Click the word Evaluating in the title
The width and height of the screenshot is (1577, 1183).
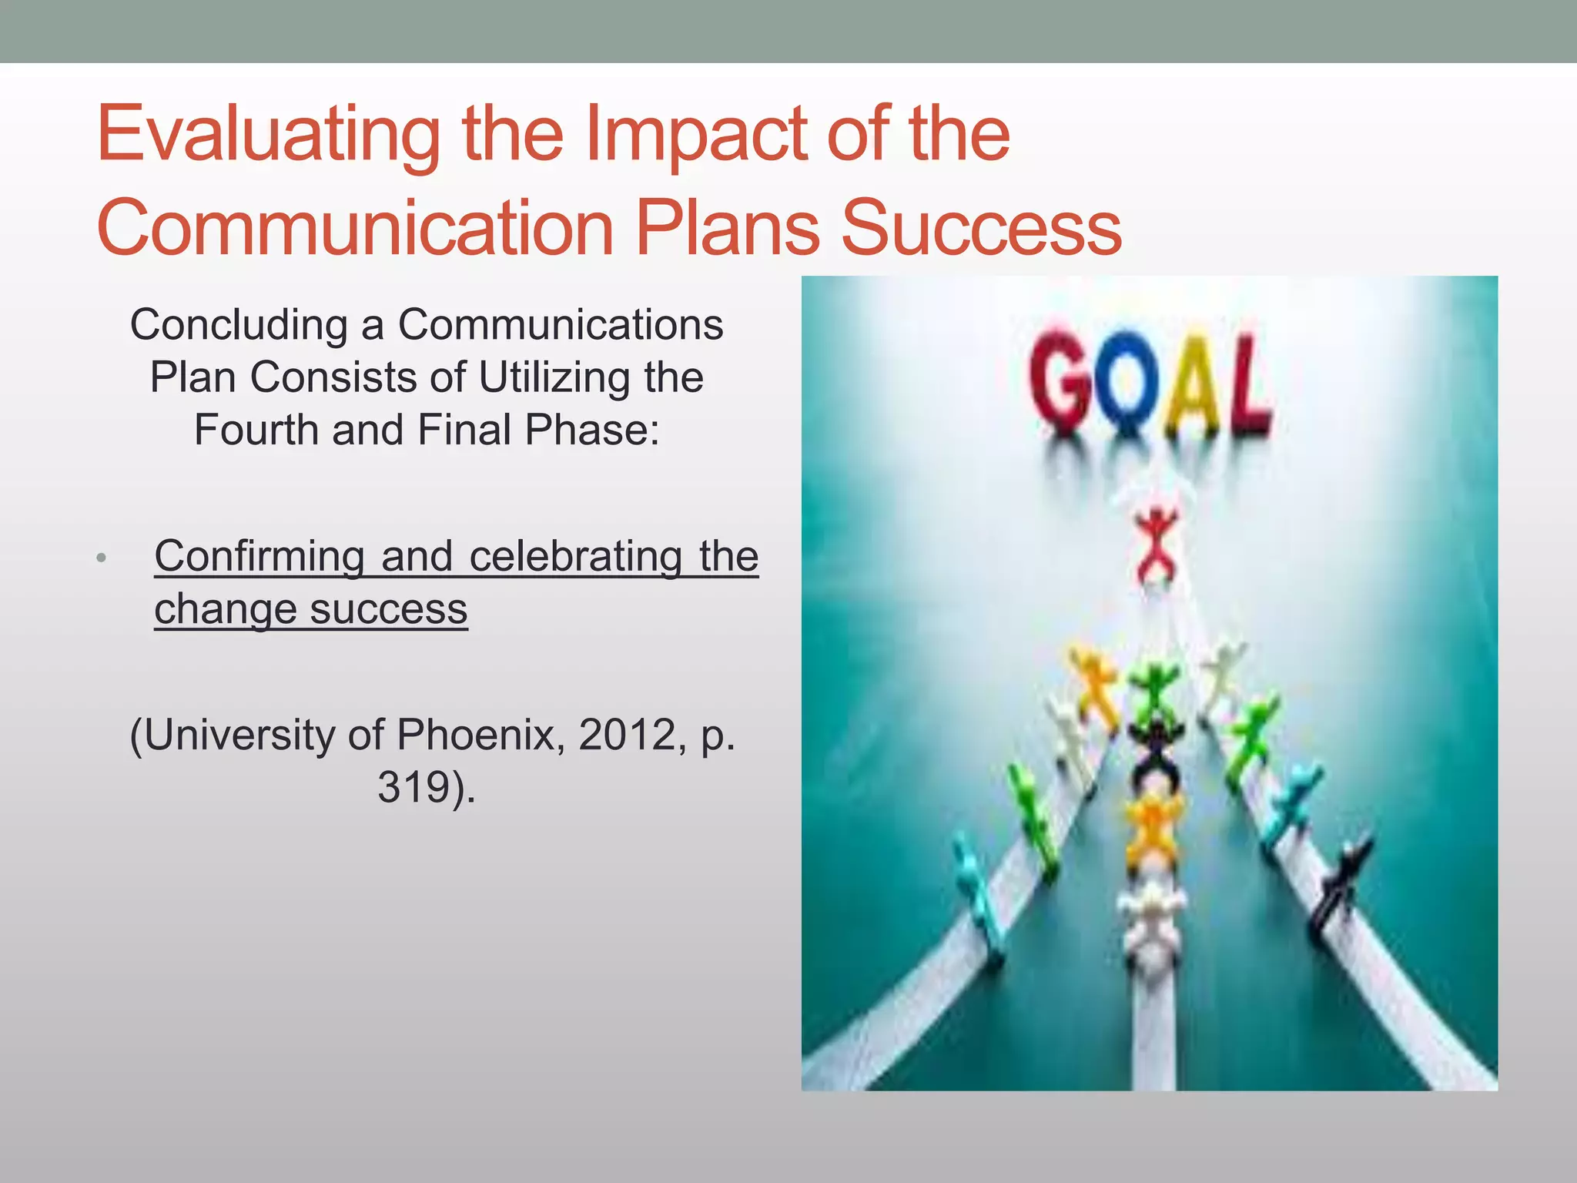click(x=268, y=136)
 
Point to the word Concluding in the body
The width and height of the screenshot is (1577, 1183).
click(x=239, y=325)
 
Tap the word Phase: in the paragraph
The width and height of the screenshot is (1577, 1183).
click(x=592, y=430)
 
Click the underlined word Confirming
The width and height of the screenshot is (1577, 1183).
click(x=259, y=556)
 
